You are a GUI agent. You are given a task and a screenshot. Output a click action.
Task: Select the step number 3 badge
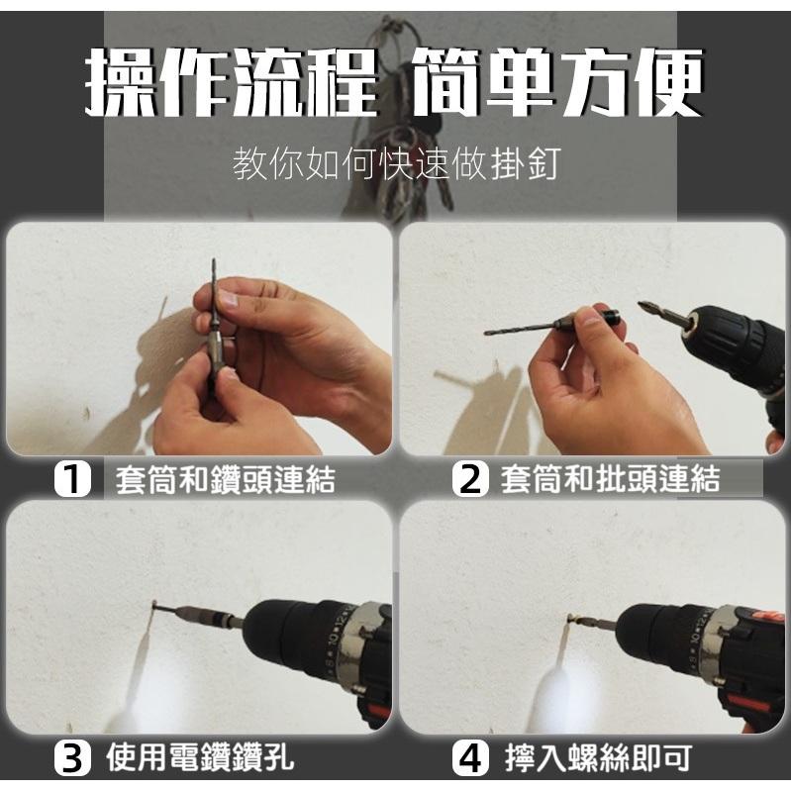pyautogui.click(x=72, y=759)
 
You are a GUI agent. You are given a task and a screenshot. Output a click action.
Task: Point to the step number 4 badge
pyautogui.click(x=470, y=759)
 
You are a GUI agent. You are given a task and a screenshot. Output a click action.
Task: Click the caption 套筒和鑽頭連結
pyautogui.click(x=225, y=480)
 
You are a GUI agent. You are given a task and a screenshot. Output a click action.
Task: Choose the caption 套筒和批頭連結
pyautogui.click(x=610, y=480)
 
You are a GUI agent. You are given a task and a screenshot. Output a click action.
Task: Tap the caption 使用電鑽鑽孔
pyautogui.click(x=199, y=759)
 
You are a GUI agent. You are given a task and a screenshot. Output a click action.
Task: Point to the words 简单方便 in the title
pyautogui.click(x=555, y=84)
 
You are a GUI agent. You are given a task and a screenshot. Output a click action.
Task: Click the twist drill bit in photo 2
pyautogui.click(x=520, y=327)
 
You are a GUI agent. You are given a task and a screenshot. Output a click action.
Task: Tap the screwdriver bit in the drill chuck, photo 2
pyautogui.click(x=660, y=315)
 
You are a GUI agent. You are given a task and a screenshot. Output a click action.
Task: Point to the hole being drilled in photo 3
pyautogui.click(x=154, y=605)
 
